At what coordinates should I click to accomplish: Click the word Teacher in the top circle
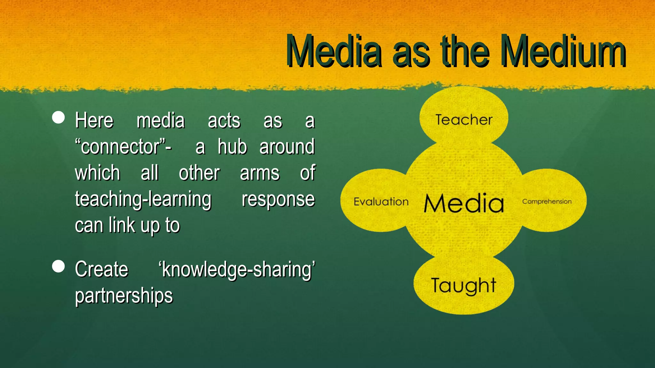click(464, 120)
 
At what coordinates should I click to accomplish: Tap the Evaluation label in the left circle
click(381, 202)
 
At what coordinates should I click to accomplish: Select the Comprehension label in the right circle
click(547, 202)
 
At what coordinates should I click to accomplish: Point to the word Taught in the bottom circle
click(463, 285)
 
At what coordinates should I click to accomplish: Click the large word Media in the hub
click(464, 203)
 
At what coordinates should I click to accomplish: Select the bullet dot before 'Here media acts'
click(58, 117)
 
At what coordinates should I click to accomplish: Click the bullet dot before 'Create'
click(58, 266)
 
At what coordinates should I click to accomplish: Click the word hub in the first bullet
click(232, 147)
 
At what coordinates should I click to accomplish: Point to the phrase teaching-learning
click(143, 199)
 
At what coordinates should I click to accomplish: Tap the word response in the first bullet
click(278, 199)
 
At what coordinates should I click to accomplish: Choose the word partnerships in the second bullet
click(124, 296)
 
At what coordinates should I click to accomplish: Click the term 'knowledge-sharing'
click(237, 270)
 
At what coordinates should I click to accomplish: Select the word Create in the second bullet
click(101, 270)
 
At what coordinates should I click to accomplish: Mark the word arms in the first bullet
click(260, 173)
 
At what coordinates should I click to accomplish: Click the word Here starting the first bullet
click(94, 121)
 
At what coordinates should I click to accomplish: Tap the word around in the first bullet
click(287, 147)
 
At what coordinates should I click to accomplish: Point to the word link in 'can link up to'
click(122, 225)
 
